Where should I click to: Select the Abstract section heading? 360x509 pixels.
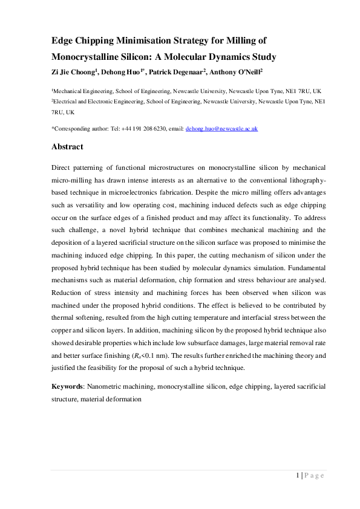coord(67,147)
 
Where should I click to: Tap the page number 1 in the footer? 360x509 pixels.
coord(298,475)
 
